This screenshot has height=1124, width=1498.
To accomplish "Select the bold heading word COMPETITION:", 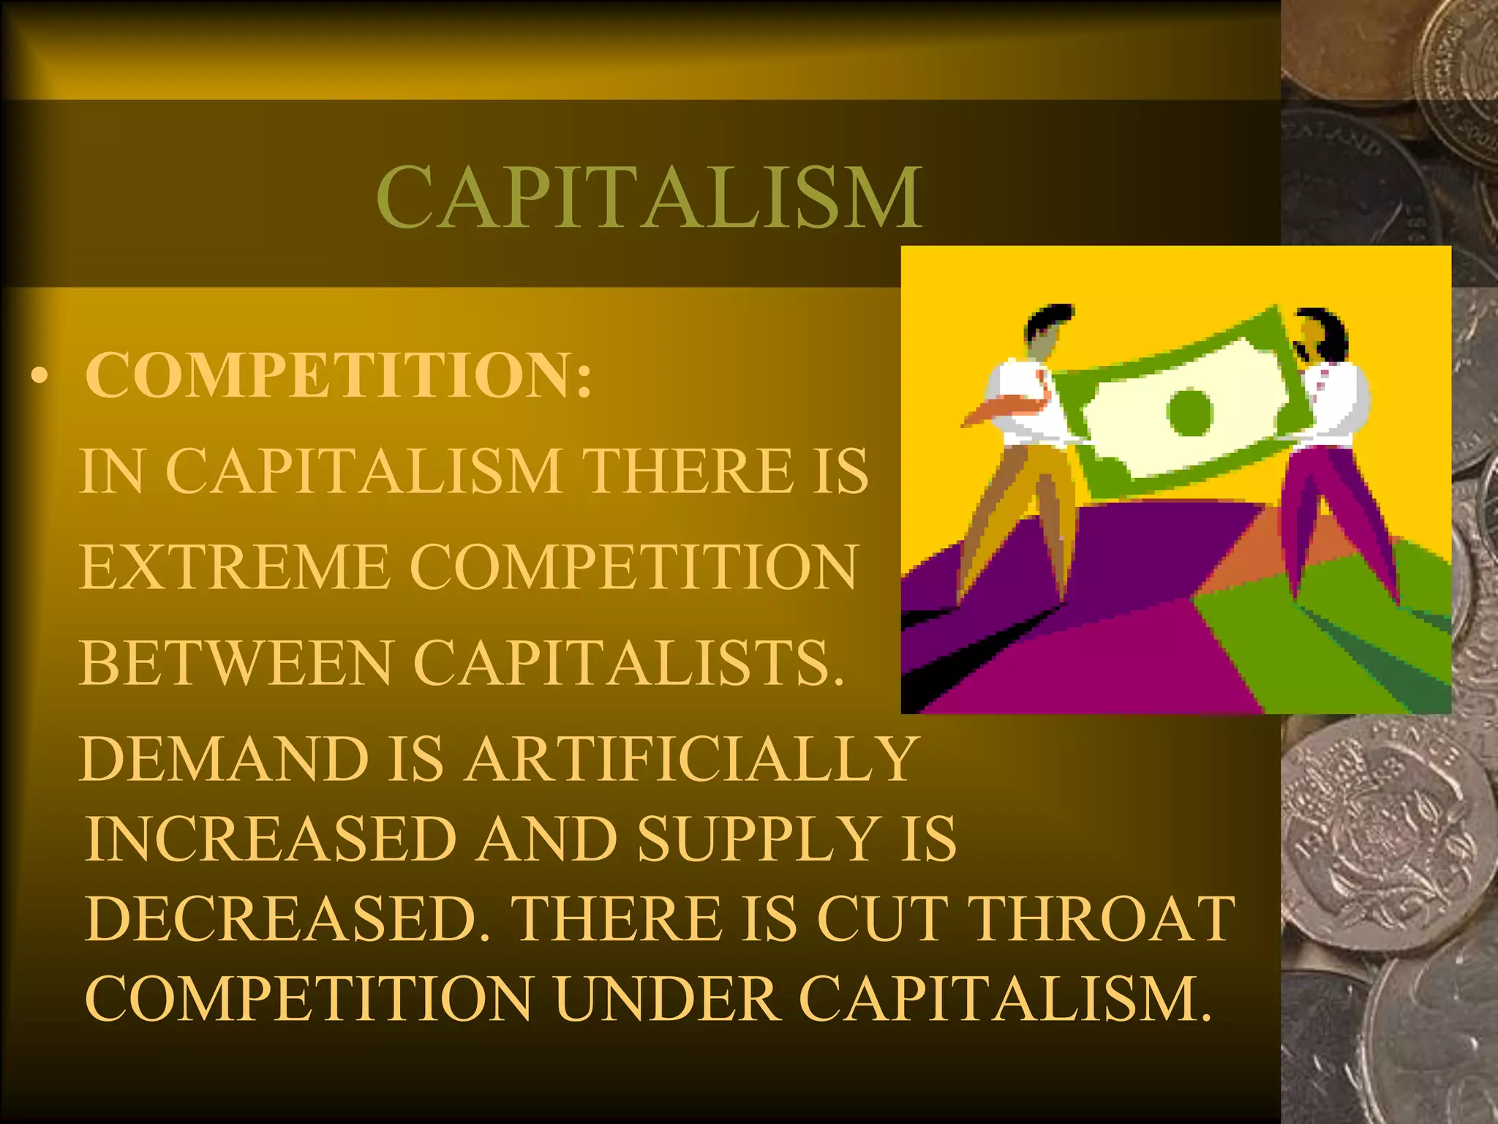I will pos(339,375).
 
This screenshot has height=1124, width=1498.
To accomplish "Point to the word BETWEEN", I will pos(236,663).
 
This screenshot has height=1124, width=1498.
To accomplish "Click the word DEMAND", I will pos(224,759).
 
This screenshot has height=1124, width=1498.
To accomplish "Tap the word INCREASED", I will pos(271,839).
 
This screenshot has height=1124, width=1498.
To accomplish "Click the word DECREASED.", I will pos(287,919).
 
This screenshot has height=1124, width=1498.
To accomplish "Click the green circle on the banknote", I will pos(1190,411).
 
